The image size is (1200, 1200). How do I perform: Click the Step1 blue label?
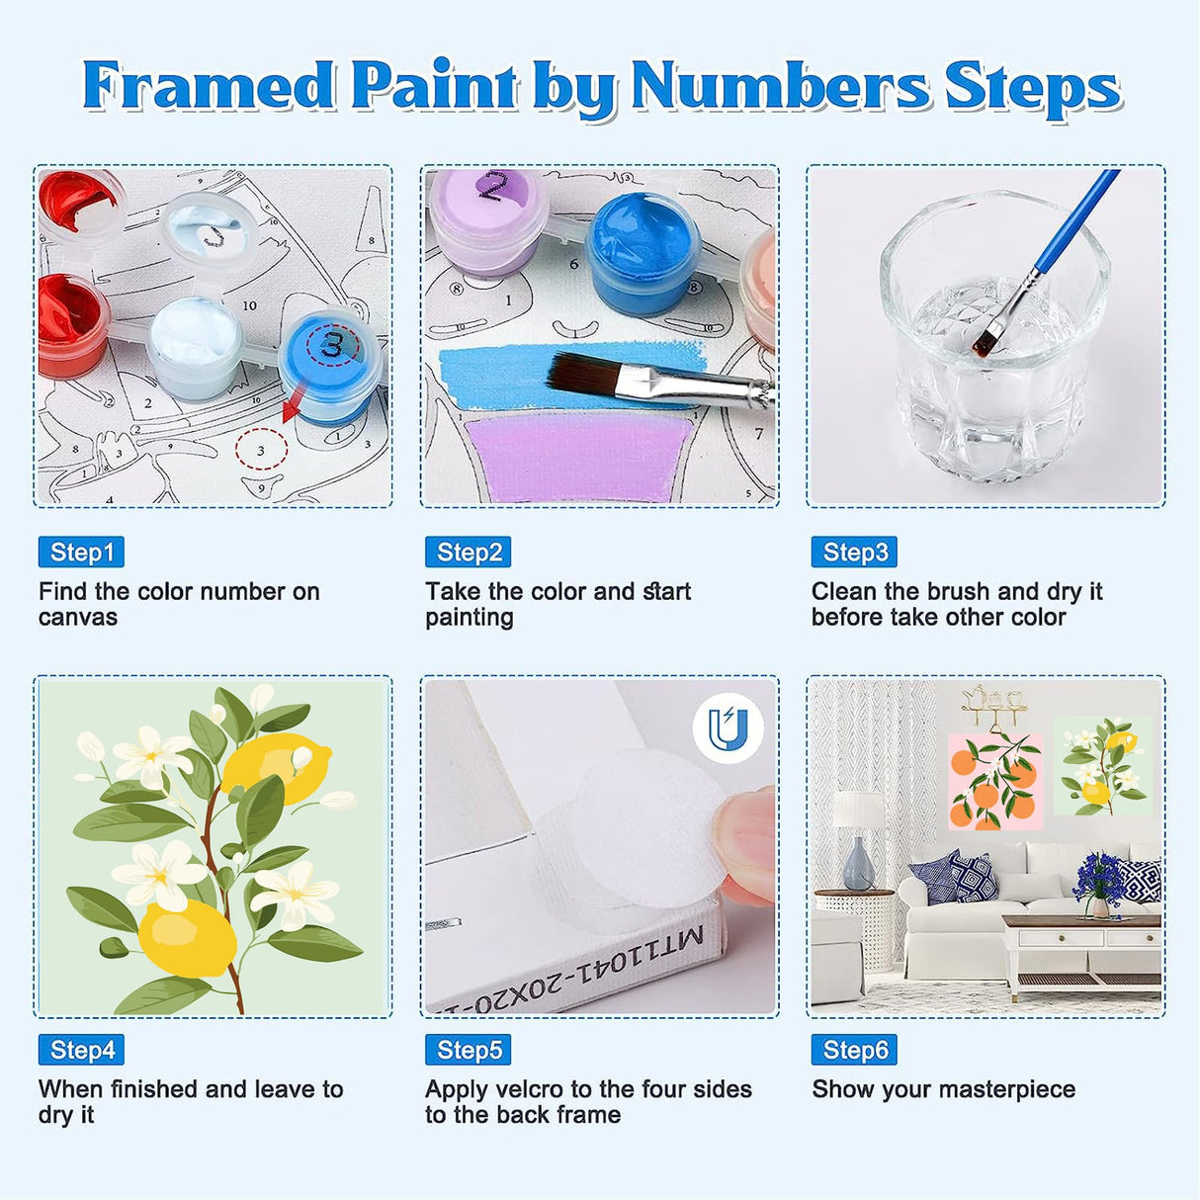coord(81,553)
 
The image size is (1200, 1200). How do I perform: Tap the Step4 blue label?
coord(81,1050)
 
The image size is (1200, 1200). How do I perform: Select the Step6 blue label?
coord(854,1050)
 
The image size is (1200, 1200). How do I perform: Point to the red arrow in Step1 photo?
coord(294,406)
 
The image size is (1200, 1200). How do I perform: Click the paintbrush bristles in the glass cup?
coord(985,342)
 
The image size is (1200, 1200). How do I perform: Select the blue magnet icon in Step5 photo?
coord(728,729)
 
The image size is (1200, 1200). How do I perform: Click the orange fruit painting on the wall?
coord(994,780)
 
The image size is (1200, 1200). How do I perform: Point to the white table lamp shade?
coord(857,811)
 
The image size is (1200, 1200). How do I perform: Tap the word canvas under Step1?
coord(77,618)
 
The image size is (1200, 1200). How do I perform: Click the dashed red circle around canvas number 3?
coord(261,450)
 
